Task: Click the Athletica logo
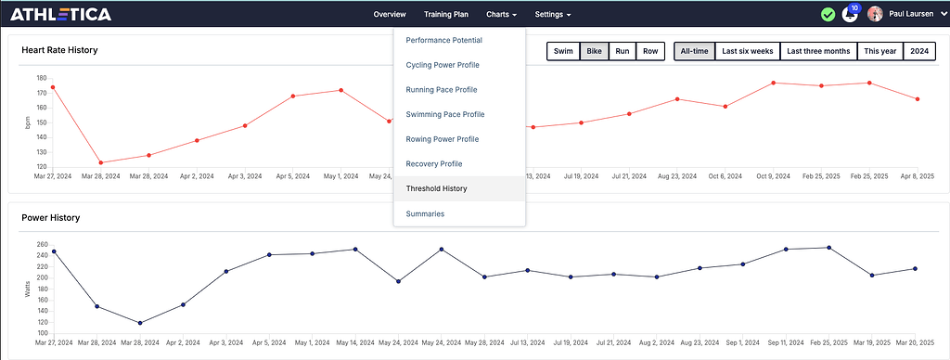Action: click(x=60, y=14)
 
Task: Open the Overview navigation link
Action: click(x=390, y=15)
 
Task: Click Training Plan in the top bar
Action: click(x=446, y=15)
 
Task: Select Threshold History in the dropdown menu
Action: click(x=436, y=188)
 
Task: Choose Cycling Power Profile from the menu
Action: click(x=443, y=65)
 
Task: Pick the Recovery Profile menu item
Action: click(x=434, y=164)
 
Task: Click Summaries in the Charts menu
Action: click(x=425, y=213)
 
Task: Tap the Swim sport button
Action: click(x=563, y=51)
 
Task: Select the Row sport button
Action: click(x=651, y=51)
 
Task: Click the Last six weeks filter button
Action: click(x=747, y=51)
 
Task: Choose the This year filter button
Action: click(x=879, y=51)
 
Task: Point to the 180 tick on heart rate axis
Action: click(x=43, y=79)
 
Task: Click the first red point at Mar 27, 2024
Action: click(x=53, y=87)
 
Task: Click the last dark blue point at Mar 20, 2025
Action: click(x=916, y=269)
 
